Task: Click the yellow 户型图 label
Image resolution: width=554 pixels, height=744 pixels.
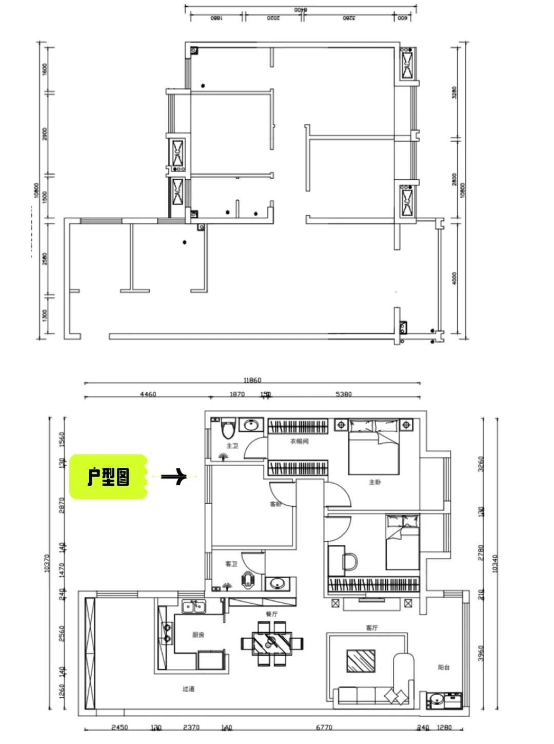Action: [x=108, y=477]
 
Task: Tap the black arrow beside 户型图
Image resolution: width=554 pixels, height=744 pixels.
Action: [x=174, y=477]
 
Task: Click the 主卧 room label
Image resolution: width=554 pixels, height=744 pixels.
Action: [x=375, y=482]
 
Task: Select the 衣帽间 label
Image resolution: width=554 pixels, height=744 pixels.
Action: [x=299, y=441]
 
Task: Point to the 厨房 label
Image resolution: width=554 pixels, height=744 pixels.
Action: [x=198, y=635]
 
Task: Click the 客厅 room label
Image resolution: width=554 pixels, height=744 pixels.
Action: [x=372, y=628]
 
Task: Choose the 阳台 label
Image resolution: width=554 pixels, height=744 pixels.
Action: [x=444, y=667]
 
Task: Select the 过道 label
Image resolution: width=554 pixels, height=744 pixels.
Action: [x=188, y=689]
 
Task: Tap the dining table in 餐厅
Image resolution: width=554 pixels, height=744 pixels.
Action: [x=272, y=643]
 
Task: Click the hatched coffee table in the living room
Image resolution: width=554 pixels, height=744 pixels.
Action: [x=361, y=661]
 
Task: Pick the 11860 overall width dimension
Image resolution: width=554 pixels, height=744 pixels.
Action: [x=252, y=380]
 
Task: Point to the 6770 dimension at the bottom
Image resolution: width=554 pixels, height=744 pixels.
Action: [x=324, y=728]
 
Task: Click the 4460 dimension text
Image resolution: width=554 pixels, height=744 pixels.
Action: [x=148, y=394]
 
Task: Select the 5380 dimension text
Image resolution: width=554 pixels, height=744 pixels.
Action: [x=344, y=394]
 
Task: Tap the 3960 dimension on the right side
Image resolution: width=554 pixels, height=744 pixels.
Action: [x=481, y=653]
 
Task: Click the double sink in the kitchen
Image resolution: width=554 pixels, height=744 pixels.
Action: [x=194, y=607]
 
